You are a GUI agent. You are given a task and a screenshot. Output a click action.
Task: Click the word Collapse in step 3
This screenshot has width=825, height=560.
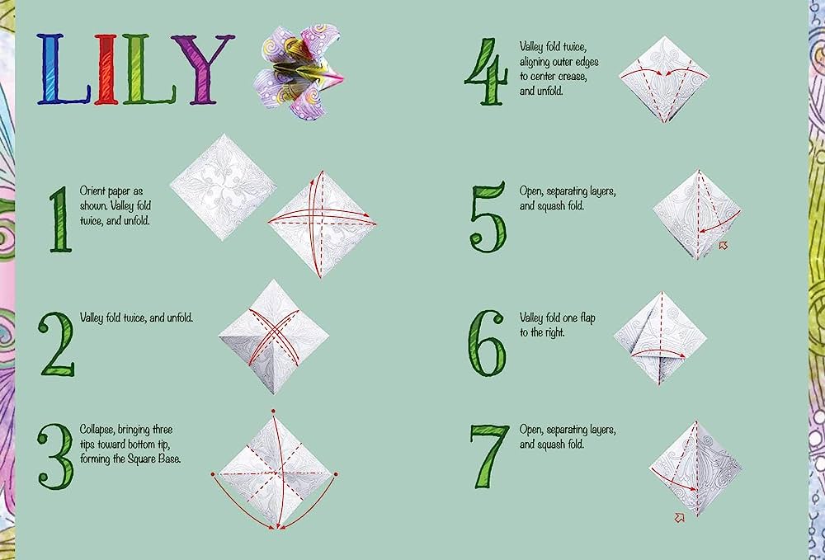pos(100,430)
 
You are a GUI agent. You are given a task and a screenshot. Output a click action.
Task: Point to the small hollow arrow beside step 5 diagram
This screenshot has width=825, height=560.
pos(724,245)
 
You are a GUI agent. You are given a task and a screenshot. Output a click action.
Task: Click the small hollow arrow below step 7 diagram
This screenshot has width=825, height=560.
pos(681,517)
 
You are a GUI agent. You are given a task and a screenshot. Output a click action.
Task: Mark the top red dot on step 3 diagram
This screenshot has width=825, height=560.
pos(272,409)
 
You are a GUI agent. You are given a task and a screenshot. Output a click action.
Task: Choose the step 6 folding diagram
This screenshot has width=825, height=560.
pos(661,337)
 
